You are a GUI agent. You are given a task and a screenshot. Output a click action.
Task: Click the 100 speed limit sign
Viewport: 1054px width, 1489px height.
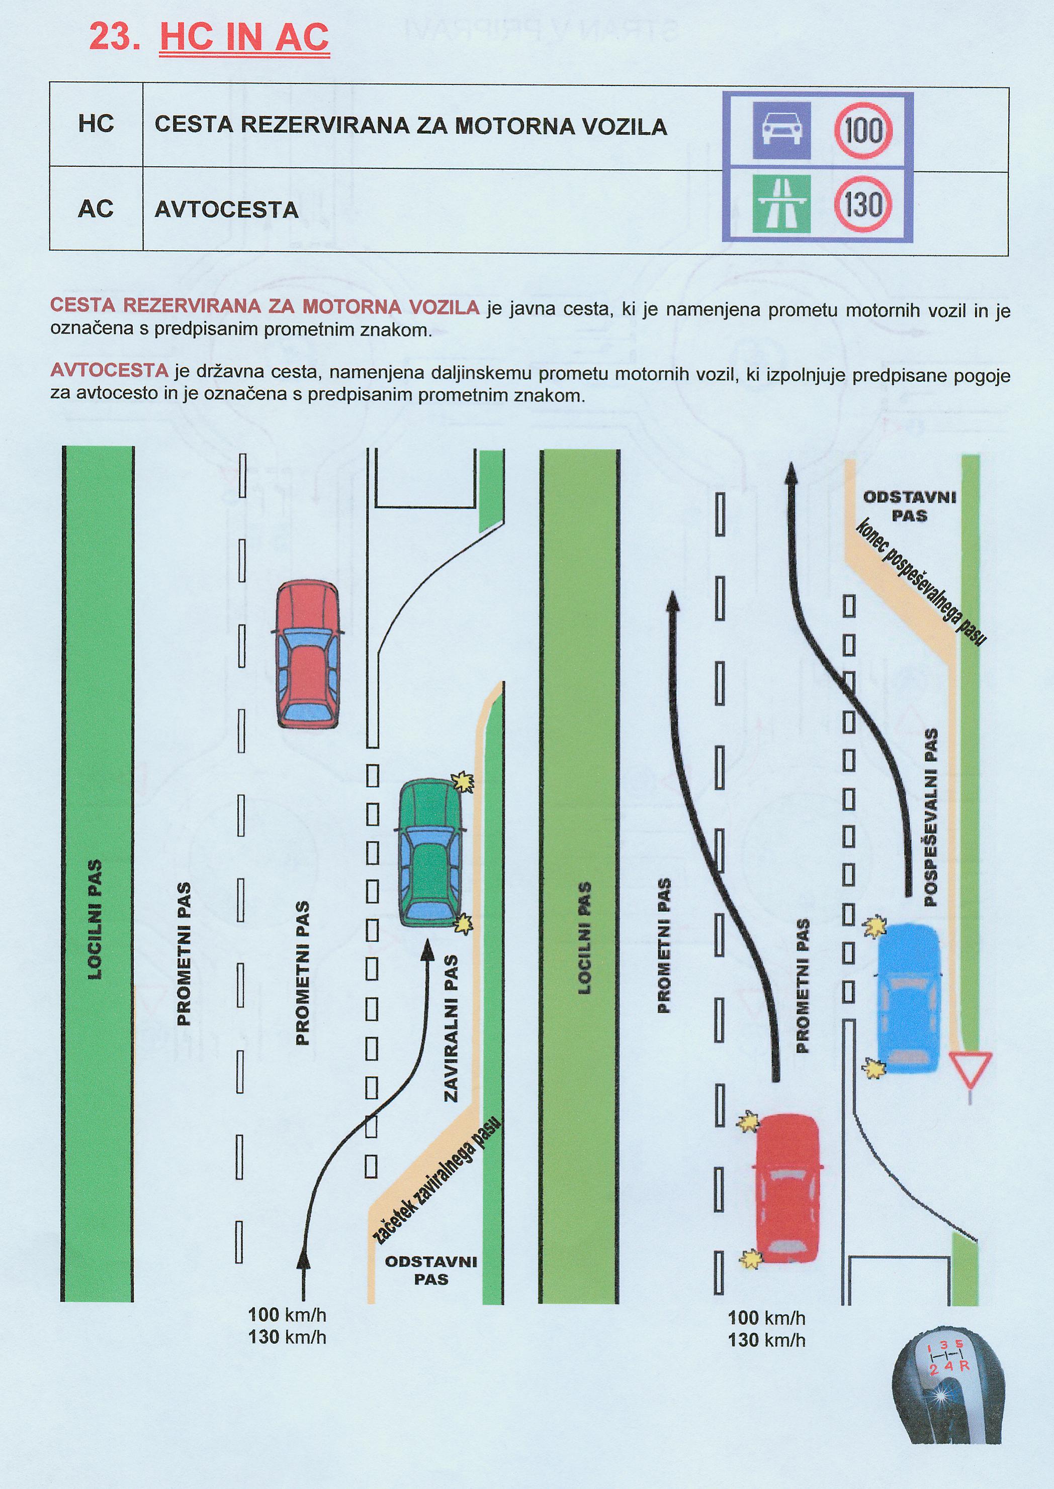(x=863, y=130)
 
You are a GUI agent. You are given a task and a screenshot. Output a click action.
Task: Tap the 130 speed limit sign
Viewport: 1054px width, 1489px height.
(x=863, y=204)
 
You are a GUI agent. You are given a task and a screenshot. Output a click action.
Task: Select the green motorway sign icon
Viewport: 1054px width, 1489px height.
(x=781, y=204)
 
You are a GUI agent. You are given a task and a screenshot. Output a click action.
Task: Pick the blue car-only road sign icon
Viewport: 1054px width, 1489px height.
(x=781, y=130)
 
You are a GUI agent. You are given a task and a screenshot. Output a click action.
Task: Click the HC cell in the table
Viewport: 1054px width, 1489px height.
(x=96, y=124)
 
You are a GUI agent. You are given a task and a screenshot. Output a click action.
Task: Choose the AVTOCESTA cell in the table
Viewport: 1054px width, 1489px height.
(x=226, y=209)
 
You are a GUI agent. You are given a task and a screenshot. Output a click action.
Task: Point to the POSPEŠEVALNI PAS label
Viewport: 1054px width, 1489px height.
(x=931, y=816)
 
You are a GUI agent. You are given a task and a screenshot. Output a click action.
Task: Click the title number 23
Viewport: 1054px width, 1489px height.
(x=114, y=38)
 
